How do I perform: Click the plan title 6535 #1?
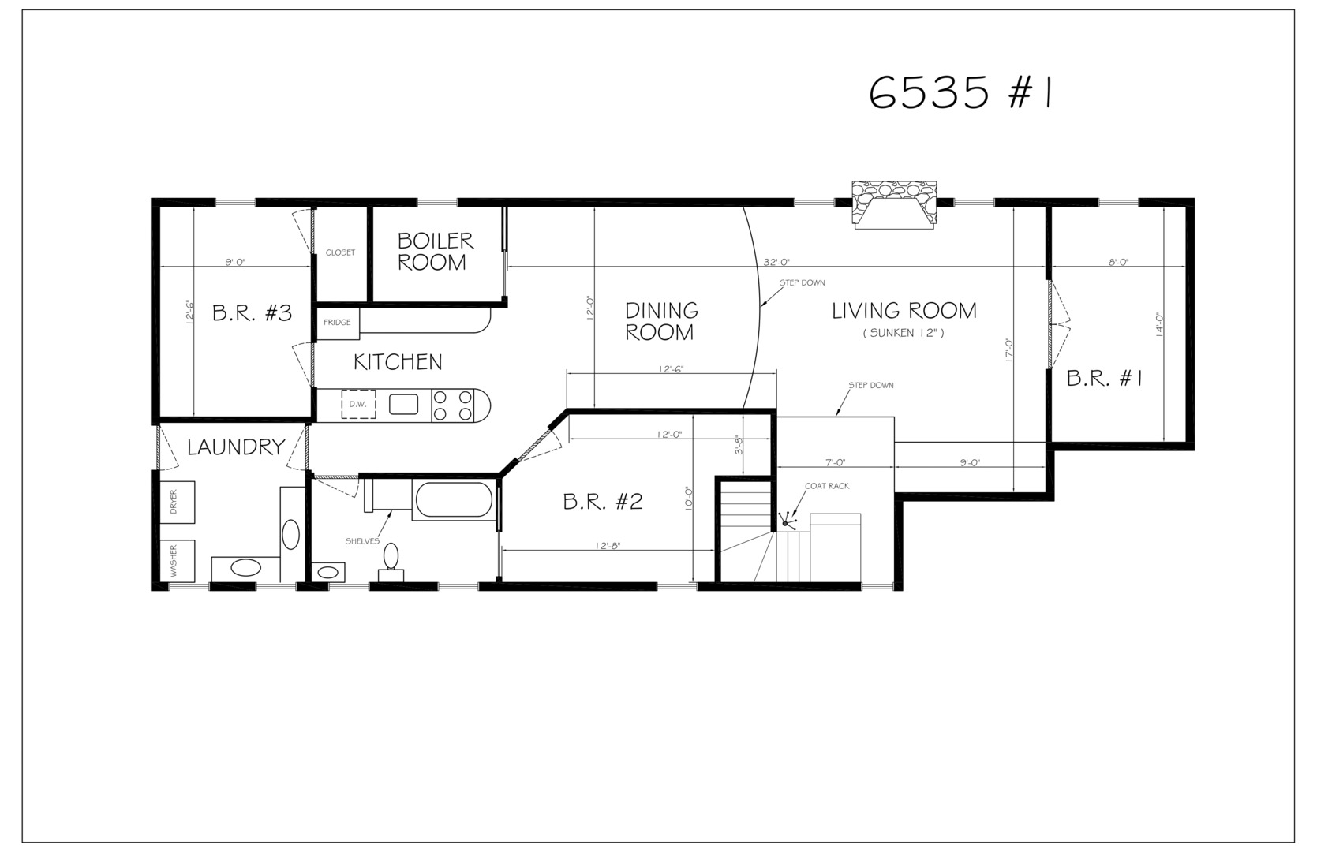point(960,94)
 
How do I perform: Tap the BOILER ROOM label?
point(435,252)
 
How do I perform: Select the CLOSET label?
point(340,252)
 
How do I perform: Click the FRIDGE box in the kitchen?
point(338,323)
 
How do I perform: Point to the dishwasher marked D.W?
point(359,405)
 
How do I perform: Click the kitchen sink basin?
point(403,405)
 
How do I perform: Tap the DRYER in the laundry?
point(177,502)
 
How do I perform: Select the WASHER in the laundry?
point(177,560)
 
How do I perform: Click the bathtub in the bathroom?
point(453,500)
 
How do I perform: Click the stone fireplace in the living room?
point(894,204)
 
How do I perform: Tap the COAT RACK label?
point(827,486)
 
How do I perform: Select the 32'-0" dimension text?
point(776,262)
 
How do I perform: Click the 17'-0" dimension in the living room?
point(1009,349)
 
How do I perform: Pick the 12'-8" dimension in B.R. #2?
point(608,546)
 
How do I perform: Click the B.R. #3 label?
point(253,313)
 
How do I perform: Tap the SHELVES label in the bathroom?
point(362,541)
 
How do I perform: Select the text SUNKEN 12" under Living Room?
point(903,333)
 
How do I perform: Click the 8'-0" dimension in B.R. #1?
point(1118,262)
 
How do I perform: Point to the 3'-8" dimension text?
point(739,444)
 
